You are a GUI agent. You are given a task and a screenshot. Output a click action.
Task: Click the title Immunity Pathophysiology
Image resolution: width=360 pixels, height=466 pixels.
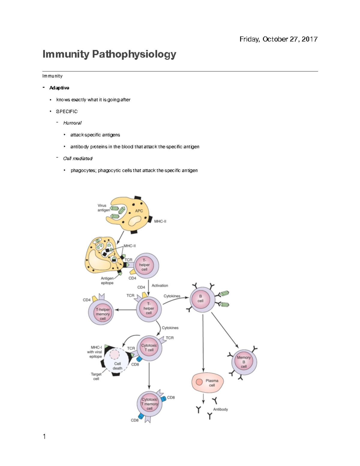pyautogui.click(x=109, y=54)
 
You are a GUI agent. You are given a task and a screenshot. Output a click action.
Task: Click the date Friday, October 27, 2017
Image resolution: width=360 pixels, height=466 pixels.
pyautogui.click(x=278, y=39)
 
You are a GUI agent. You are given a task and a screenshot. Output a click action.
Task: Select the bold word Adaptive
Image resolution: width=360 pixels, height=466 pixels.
pyautogui.click(x=59, y=88)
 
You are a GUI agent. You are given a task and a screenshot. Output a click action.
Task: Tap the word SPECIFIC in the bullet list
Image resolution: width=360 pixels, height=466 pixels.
pyautogui.click(x=67, y=111)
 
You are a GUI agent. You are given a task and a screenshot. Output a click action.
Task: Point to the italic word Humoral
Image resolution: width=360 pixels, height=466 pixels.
pyautogui.click(x=72, y=123)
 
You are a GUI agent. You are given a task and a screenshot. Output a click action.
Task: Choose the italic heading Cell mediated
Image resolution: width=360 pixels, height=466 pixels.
pyautogui.click(x=78, y=158)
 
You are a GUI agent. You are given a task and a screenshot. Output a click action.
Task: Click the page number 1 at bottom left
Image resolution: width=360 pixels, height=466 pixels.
pyautogui.click(x=44, y=437)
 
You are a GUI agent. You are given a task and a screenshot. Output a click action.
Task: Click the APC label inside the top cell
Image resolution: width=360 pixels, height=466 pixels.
pyautogui.click(x=139, y=211)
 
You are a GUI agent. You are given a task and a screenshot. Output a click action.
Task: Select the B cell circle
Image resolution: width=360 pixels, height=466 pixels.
pyautogui.click(x=200, y=299)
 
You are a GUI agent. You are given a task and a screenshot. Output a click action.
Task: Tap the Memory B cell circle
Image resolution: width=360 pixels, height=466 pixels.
pyautogui.click(x=244, y=362)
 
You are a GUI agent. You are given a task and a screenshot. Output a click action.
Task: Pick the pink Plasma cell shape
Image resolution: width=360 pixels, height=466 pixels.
pyautogui.click(x=208, y=383)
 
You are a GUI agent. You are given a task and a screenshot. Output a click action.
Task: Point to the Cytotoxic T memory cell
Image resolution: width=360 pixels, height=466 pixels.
pyautogui.click(x=149, y=404)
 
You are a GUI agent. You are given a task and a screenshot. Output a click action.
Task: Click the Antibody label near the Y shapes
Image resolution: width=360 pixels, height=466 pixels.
pyautogui.click(x=220, y=409)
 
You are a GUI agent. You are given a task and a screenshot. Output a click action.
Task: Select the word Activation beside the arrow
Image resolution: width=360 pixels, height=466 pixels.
pyautogui.click(x=160, y=286)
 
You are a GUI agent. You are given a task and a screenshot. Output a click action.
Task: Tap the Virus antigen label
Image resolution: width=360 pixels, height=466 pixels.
pyautogui.click(x=103, y=208)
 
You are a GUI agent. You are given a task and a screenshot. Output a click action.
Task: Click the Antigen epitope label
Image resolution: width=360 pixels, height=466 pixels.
pyautogui.click(x=107, y=281)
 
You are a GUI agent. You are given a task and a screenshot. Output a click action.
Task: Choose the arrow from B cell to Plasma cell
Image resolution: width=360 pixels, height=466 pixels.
pyautogui.click(x=203, y=342)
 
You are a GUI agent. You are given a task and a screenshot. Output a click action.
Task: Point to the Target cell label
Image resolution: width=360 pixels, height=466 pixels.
pyautogui.click(x=96, y=377)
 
